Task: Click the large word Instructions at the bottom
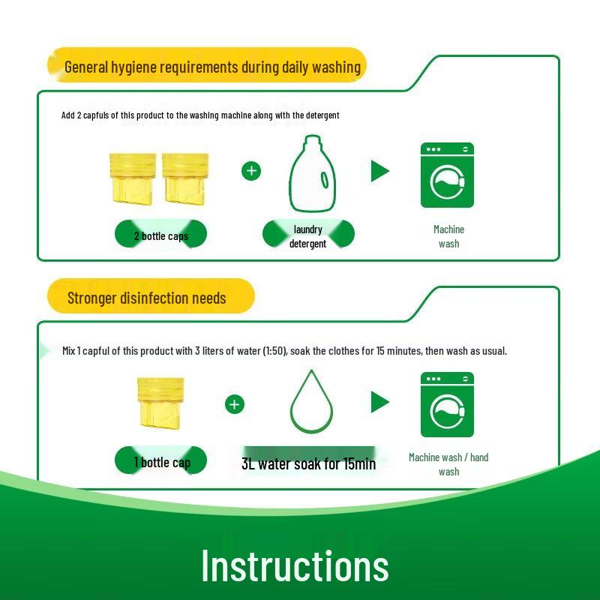(x=295, y=565)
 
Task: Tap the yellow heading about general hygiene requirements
(x=212, y=67)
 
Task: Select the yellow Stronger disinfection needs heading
(x=147, y=298)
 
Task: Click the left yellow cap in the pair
(x=133, y=178)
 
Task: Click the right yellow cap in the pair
(x=184, y=178)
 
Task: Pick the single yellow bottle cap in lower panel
(x=159, y=403)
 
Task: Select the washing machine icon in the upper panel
(x=447, y=175)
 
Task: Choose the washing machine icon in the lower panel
(x=447, y=404)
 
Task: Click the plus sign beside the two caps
(x=251, y=171)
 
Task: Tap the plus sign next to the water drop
(x=235, y=404)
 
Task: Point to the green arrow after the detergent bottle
(x=380, y=171)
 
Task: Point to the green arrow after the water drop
(x=380, y=402)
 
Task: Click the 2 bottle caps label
(x=160, y=236)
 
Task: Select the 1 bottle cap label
(x=161, y=462)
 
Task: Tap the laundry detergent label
(x=308, y=236)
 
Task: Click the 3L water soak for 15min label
(x=308, y=463)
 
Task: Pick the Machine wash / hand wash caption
(x=448, y=464)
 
